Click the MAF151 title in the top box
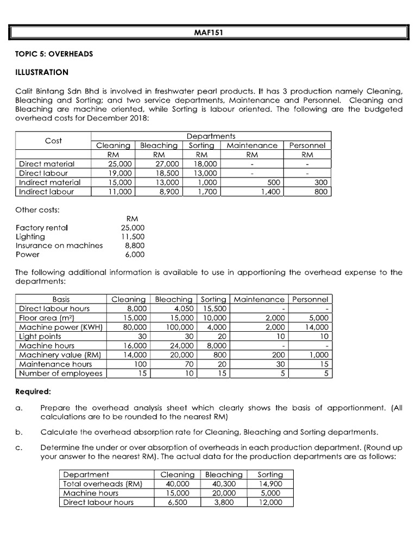click(x=208, y=32)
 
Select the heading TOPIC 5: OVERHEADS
click(x=54, y=54)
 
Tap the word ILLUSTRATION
click(x=42, y=72)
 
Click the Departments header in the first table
click(x=211, y=136)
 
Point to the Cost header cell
click(x=53, y=141)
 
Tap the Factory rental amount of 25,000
click(x=133, y=228)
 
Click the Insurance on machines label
click(x=59, y=245)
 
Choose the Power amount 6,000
click(x=135, y=254)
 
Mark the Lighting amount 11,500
click(x=133, y=237)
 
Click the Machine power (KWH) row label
click(x=61, y=327)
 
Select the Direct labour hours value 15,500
click(x=214, y=308)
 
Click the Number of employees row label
click(x=60, y=373)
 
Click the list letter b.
click(x=18, y=432)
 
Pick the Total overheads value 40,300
click(x=223, y=484)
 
